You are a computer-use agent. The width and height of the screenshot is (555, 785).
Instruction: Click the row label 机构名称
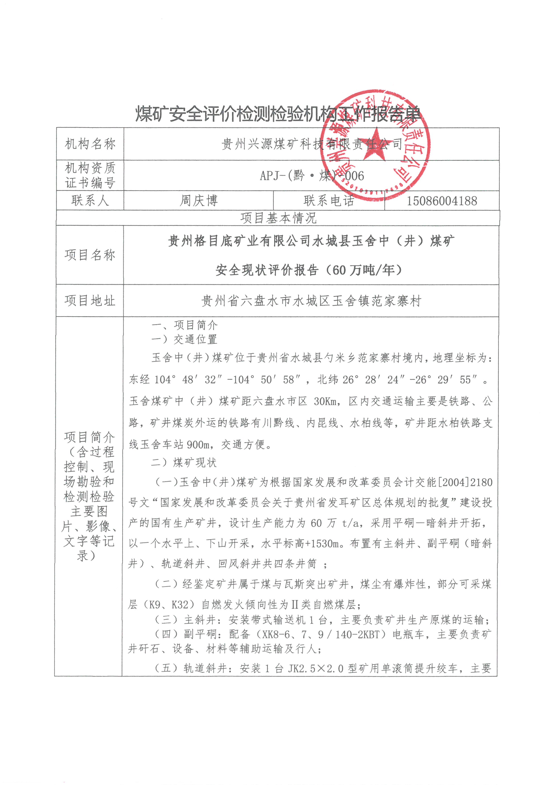(90, 144)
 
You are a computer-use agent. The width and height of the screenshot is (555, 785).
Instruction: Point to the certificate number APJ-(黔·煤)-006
(312, 176)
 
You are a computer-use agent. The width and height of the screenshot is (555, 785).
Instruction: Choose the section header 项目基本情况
(278, 218)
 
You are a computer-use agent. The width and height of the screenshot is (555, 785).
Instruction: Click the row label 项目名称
(90, 255)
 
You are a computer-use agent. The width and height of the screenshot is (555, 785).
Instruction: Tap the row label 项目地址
(90, 301)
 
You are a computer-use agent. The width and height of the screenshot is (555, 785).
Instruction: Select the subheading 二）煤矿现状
(184, 463)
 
